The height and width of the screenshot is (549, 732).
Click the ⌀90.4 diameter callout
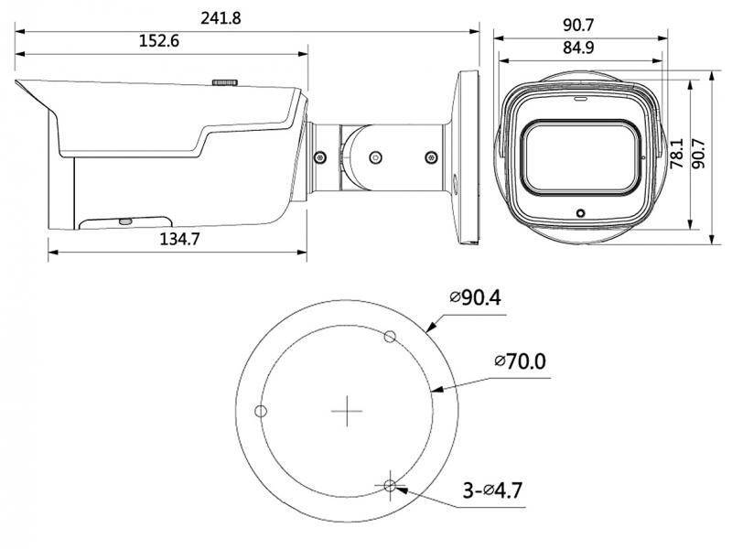point(475,297)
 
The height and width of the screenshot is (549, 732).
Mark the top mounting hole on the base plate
point(390,336)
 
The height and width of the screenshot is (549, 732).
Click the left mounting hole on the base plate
point(261,411)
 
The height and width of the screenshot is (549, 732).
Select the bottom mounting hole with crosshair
point(391,486)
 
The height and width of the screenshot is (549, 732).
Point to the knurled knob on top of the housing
point(225,82)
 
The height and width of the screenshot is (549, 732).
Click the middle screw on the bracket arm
point(373,156)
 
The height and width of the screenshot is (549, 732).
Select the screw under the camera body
point(125,221)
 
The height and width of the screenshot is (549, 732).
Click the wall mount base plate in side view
point(465,156)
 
